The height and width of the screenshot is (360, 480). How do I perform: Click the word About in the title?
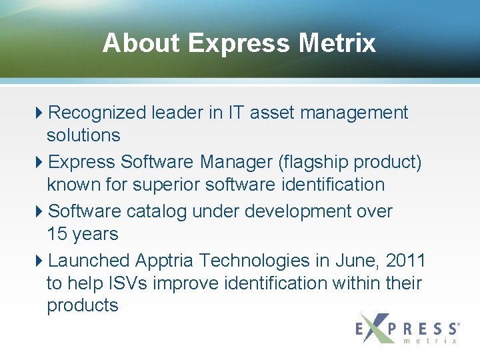tap(141, 43)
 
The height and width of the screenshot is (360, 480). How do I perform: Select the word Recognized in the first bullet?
tap(97, 113)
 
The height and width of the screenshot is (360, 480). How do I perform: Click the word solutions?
tap(83, 135)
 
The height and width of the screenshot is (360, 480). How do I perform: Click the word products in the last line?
tap(83, 306)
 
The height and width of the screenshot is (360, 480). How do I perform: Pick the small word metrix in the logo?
tap(431, 341)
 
